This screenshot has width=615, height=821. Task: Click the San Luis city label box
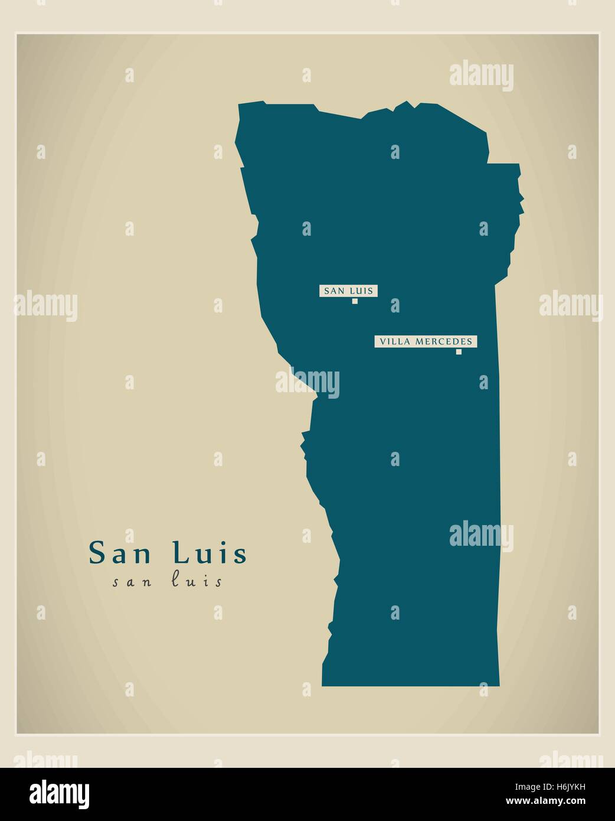[349, 291]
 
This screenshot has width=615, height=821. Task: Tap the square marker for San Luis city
[355, 301]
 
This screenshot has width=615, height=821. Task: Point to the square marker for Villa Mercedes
[459, 352]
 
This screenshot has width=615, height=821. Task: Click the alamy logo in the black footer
[60, 793]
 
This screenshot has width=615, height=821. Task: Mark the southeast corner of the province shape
[499, 686]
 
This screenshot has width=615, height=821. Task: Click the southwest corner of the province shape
[322, 685]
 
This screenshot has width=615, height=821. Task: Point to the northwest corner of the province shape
[240, 105]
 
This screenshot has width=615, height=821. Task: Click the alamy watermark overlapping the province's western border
[307, 382]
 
